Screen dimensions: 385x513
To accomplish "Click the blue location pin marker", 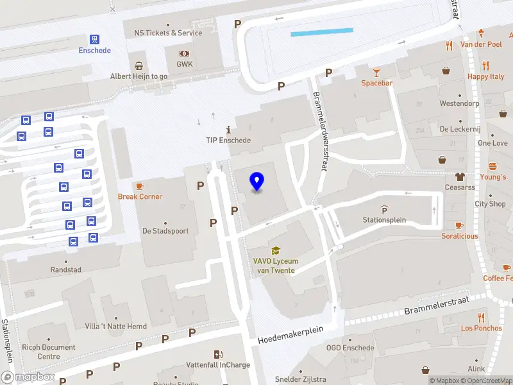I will point(257,181).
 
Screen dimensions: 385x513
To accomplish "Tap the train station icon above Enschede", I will point(95,39).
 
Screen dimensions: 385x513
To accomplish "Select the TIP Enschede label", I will point(228,140).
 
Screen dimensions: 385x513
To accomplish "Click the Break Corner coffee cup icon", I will point(140,185).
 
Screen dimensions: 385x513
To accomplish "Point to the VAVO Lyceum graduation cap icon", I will point(276,250).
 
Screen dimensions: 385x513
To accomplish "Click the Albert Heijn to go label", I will point(139,76).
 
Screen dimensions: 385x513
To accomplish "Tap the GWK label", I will point(184,64).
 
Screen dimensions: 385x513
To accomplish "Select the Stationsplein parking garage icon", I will point(384,209).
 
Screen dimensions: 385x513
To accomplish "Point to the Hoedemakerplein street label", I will point(290,334).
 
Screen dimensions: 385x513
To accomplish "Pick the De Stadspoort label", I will point(165,230).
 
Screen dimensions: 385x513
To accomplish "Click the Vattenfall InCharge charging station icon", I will point(219,354).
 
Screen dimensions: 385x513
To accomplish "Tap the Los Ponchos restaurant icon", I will point(481,317).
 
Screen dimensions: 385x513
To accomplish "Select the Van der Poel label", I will point(481,44).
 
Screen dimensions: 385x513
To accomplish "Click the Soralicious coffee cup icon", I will point(459,225).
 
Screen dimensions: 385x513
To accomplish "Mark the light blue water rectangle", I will point(322,31).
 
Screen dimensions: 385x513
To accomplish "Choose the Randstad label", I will point(66,269).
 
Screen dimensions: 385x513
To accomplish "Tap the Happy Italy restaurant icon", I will point(485,65).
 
